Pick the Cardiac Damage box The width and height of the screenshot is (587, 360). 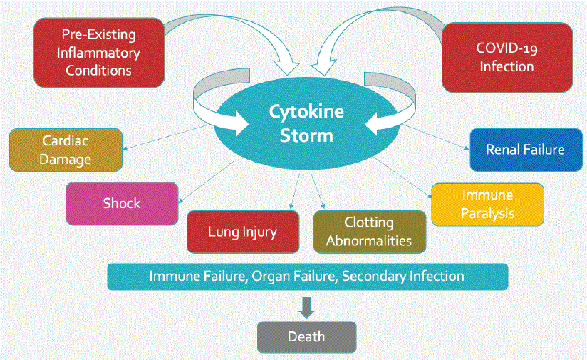66,150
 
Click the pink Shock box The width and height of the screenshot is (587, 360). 122,203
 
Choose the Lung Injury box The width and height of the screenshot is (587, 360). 242,232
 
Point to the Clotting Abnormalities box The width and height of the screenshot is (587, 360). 369,232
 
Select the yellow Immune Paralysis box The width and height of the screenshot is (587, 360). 487,204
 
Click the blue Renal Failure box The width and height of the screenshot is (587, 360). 524,150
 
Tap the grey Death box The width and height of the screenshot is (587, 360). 306,336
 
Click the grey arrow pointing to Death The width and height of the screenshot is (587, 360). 306,307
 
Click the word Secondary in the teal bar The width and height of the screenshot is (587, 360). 372,276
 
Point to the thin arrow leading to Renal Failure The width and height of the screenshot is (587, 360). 435,138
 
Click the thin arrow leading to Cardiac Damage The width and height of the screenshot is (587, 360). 171,137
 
